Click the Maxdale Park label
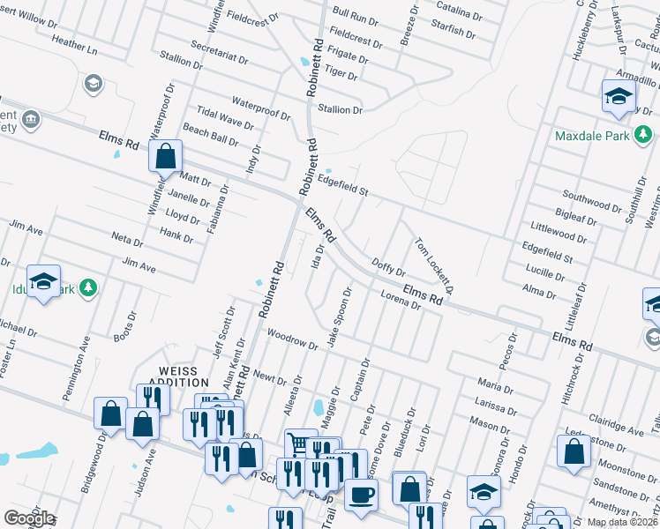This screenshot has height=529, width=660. click(592, 137)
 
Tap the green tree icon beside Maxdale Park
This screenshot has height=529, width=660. click(645, 134)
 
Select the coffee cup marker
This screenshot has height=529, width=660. click(360, 493)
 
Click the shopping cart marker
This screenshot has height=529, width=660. click(300, 443)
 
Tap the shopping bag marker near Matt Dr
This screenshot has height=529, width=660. click(165, 158)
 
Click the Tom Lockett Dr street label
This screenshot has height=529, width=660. click(434, 265)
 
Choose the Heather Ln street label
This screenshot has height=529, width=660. click(74, 44)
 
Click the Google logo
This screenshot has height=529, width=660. click(28, 518)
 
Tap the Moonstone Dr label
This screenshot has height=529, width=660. click(622, 464)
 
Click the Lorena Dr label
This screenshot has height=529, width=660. click(401, 300)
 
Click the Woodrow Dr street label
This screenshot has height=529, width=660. click(292, 339)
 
